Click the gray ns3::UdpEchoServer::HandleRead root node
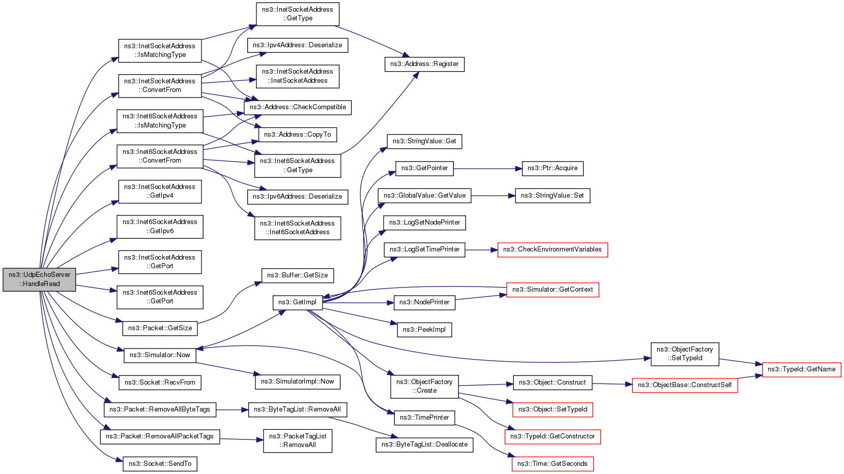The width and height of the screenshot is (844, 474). pyautogui.click(x=39, y=279)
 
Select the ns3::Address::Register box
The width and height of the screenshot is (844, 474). pyautogui.click(x=424, y=64)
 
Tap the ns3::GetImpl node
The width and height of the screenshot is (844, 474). pyautogui.click(x=298, y=302)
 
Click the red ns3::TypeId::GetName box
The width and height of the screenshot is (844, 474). pyautogui.click(x=801, y=369)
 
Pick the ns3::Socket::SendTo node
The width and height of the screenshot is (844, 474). pyautogui.click(x=160, y=464)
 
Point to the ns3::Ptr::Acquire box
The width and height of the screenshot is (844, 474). pyautogui.click(x=552, y=169)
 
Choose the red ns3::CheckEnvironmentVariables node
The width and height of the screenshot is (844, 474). pyautogui.click(x=552, y=250)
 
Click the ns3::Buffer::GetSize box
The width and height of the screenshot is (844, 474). pyautogui.click(x=298, y=275)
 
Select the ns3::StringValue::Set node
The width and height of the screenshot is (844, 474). pyautogui.click(x=552, y=196)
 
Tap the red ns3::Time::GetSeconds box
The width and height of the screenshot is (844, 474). pyautogui.click(x=552, y=464)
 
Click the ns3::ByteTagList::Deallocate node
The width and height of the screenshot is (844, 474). pyautogui.click(x=424, y=445)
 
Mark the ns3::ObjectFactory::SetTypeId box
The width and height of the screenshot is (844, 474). pyautogui.click(x=685, y=354)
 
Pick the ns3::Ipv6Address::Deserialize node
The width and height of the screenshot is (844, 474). pyautogui.click(x=298, y=197)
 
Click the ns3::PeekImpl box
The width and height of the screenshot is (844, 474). pyautogui.click(x=424, y=330)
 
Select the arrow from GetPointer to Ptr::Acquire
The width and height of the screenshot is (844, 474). pyautogui.click(x=487, y=169)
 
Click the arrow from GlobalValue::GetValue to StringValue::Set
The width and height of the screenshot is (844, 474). pyautogui.click(x=493, y=196)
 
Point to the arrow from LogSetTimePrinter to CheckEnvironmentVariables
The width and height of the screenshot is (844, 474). pyautogui.click(x=481, y=250)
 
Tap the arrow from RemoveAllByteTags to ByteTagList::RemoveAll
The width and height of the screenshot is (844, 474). pyautogui.click(x=232, y=409)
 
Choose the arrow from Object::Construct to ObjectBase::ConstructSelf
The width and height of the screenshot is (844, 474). pyautogui.click(x=612, y=384)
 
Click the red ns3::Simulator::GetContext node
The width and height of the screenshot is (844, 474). pyautogui.click(x=552, y=290)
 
